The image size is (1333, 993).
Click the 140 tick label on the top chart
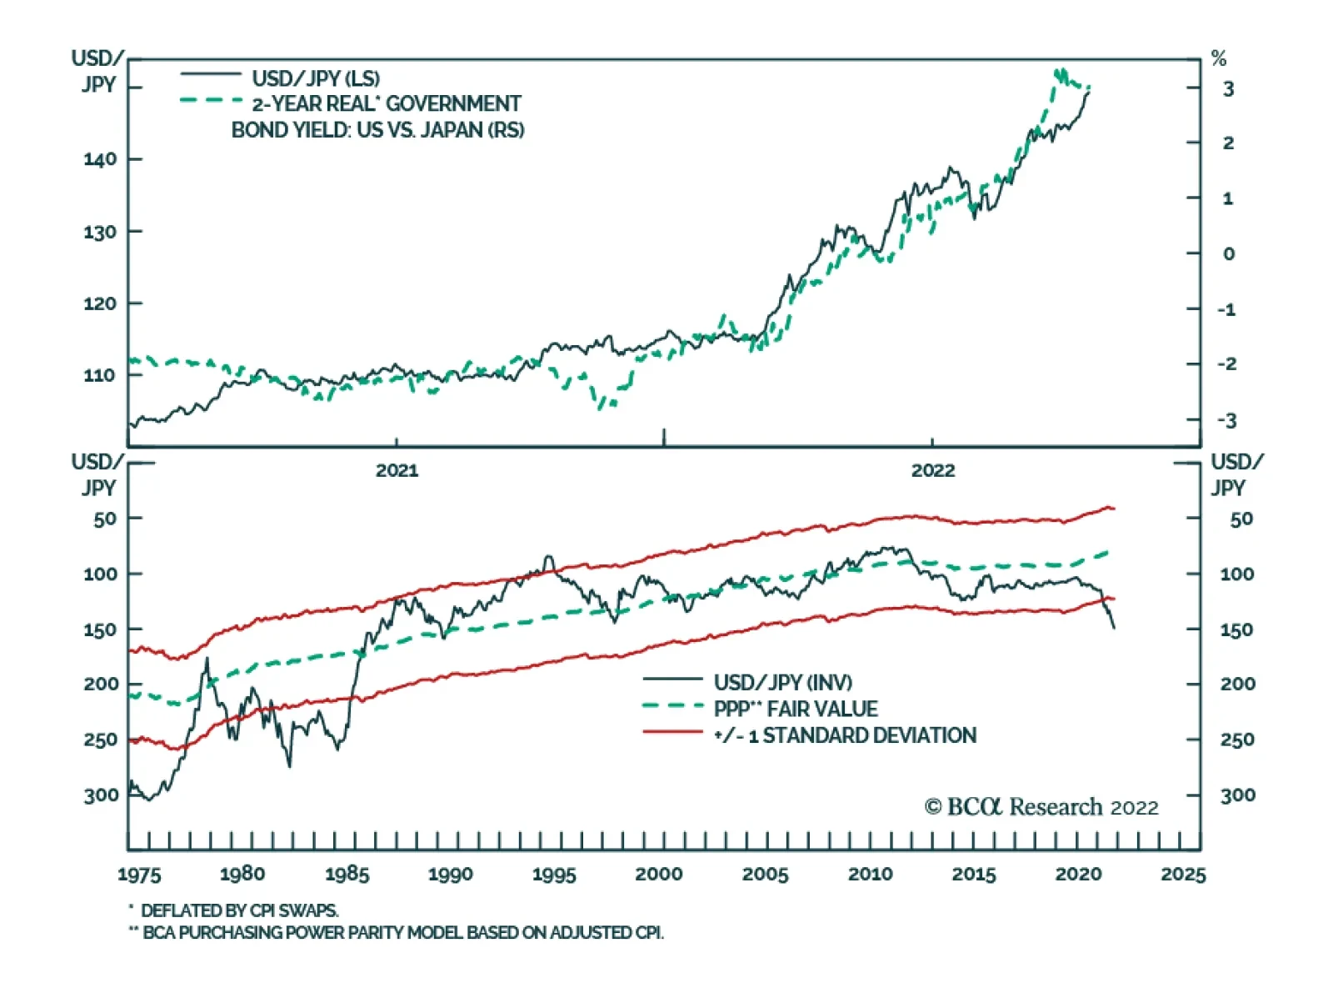(x=100, y=159)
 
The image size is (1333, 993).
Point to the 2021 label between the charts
(x=397, y=470)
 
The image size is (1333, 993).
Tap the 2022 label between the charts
(x=932, y=470)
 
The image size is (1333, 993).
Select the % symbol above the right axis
(x=1219, y=59)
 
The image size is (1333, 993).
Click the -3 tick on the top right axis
(x=1226, y=420)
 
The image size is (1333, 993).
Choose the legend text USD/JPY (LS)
(x=316, y=78)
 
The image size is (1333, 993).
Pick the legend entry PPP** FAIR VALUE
(x=796, y=709)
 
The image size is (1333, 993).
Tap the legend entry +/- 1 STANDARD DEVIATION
(x=845, y=735)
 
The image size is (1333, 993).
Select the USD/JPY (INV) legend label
(x=783, y=682)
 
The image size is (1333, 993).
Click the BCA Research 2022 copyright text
(x=1041, y=807)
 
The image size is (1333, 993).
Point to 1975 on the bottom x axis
(x=139, y=875)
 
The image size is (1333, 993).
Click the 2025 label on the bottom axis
(x=1183, y=875)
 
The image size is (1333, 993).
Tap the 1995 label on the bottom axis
(x=554, y=875)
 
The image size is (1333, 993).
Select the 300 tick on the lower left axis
(x=101, y=795)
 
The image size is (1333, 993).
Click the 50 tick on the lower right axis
(x=1241, y=519)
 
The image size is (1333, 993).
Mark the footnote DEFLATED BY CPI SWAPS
(x=239, y=910)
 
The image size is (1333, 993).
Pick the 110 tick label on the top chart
(x=100, y=375)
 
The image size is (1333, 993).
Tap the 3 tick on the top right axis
(x=1228, y=89)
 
